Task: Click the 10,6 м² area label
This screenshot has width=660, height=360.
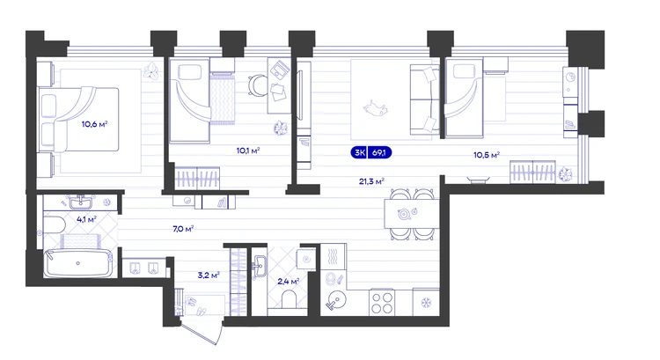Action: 94,124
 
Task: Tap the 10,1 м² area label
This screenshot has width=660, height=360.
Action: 248,151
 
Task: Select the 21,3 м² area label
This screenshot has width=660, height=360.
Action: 371,181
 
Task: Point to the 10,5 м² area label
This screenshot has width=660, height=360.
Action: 487,155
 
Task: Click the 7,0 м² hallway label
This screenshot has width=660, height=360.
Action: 183,229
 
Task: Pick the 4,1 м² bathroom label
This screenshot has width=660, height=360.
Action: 86,219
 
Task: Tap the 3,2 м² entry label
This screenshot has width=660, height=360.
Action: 209,276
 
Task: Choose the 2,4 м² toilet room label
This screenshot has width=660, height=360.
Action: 289,282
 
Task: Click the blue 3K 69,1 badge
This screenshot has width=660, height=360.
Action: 370,152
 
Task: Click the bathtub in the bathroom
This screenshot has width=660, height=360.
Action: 78,263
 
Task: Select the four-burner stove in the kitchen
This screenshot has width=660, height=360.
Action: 382,303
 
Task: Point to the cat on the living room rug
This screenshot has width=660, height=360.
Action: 375,108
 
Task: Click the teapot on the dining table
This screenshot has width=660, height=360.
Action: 406,214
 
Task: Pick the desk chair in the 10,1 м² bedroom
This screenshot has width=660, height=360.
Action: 258,84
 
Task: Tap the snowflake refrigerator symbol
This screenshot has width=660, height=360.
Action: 426,302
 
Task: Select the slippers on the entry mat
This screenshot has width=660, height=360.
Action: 195,306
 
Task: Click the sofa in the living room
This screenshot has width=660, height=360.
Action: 424,101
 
